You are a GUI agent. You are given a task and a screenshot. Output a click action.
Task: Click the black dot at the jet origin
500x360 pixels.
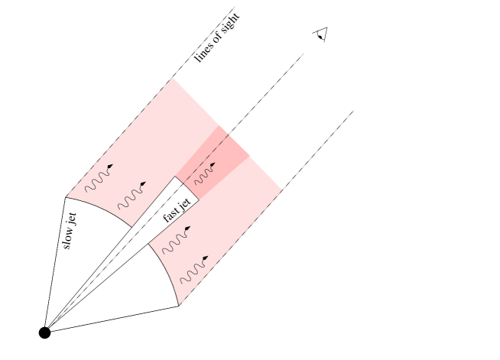44,332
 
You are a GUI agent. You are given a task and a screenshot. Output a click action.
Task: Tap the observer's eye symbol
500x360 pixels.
321,34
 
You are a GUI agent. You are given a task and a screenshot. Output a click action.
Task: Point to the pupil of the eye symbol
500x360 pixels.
320,37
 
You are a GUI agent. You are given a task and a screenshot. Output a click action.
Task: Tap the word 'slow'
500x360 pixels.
68,238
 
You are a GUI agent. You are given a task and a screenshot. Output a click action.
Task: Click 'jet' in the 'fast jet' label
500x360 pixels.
185,203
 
